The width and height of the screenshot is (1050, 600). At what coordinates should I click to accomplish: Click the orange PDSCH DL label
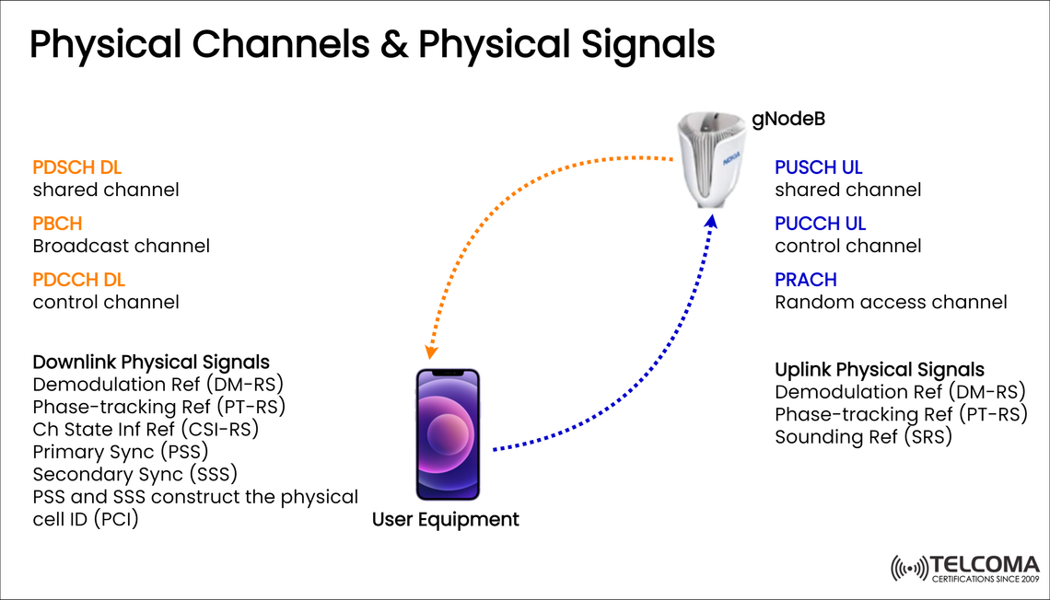(77, 167)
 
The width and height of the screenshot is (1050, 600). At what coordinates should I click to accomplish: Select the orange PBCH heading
(57, 224)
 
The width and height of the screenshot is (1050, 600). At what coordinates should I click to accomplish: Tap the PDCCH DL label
(78, 280)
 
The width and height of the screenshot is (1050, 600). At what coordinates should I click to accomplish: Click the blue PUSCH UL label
(819, 167)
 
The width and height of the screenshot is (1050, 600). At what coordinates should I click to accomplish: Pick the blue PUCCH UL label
(820, 224)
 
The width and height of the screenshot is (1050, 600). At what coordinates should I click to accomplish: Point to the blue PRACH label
(806, 280)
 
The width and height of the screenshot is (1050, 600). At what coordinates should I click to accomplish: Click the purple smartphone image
(448, 434)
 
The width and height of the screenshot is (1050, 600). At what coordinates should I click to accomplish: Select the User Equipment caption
(446, 520)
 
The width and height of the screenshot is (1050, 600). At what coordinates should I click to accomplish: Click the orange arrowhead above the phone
(430, 352)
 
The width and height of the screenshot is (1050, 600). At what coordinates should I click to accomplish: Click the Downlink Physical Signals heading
(151, 362)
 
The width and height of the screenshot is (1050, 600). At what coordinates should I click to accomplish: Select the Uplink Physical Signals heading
(880, 370)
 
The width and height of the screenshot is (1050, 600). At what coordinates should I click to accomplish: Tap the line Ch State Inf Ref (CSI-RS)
(146, 429)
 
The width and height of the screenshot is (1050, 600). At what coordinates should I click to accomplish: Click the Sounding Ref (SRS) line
(863, 437)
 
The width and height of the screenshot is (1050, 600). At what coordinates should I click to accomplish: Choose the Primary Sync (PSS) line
(121, 451)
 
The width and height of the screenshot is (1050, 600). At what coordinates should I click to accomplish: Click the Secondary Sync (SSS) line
(135, 474)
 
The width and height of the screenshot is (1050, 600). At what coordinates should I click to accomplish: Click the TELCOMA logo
(964, 569)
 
